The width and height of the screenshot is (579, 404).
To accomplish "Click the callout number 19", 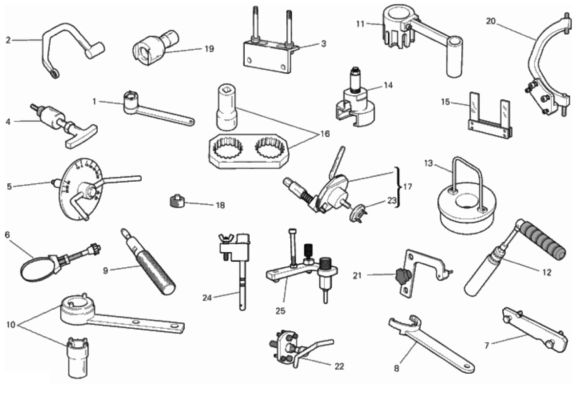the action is pos(209,49).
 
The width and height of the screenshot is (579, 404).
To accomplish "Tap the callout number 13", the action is pos(429,163).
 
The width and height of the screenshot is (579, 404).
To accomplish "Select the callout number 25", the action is pos(280,311).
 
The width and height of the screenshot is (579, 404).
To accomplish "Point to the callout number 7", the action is pos(487,346).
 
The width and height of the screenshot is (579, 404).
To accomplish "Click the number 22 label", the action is pos(340,366).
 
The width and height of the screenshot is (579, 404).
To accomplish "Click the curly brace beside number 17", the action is pos(398,187).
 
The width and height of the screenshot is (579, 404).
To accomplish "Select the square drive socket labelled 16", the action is pos(227,107).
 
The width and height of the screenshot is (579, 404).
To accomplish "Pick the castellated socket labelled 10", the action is pos(77,358).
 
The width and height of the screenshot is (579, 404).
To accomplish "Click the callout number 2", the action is pos(8,40).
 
